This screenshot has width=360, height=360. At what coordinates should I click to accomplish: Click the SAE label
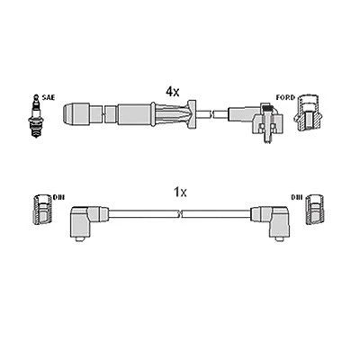click(49, 97)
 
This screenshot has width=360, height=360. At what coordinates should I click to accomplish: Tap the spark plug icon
click(36, 116)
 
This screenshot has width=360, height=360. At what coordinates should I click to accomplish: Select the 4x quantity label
click(173, 92)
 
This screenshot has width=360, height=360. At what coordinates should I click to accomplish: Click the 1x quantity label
click(180, 193)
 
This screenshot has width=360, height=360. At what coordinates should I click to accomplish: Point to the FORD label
click(285, 97)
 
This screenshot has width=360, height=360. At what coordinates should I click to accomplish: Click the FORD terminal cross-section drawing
click(308, 113)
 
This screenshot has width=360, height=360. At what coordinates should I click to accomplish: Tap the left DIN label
click(58, 197)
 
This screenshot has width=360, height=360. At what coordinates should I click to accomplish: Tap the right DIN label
click(297, 197)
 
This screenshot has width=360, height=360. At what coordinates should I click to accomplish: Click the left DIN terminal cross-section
click(42, 210)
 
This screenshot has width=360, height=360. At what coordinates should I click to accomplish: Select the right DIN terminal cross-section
click(314, 210)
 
